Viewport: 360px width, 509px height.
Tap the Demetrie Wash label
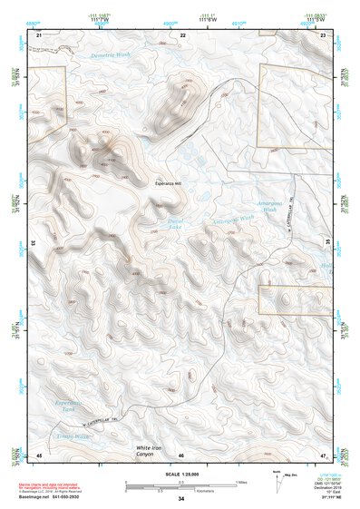pos(112,55)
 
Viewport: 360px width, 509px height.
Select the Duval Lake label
pos(176,220)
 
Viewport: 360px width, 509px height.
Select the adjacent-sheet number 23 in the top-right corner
pos(323,34)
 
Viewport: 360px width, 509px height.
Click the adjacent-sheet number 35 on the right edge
pos(327,243)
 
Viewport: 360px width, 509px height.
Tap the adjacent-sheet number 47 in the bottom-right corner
pos(323,454)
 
